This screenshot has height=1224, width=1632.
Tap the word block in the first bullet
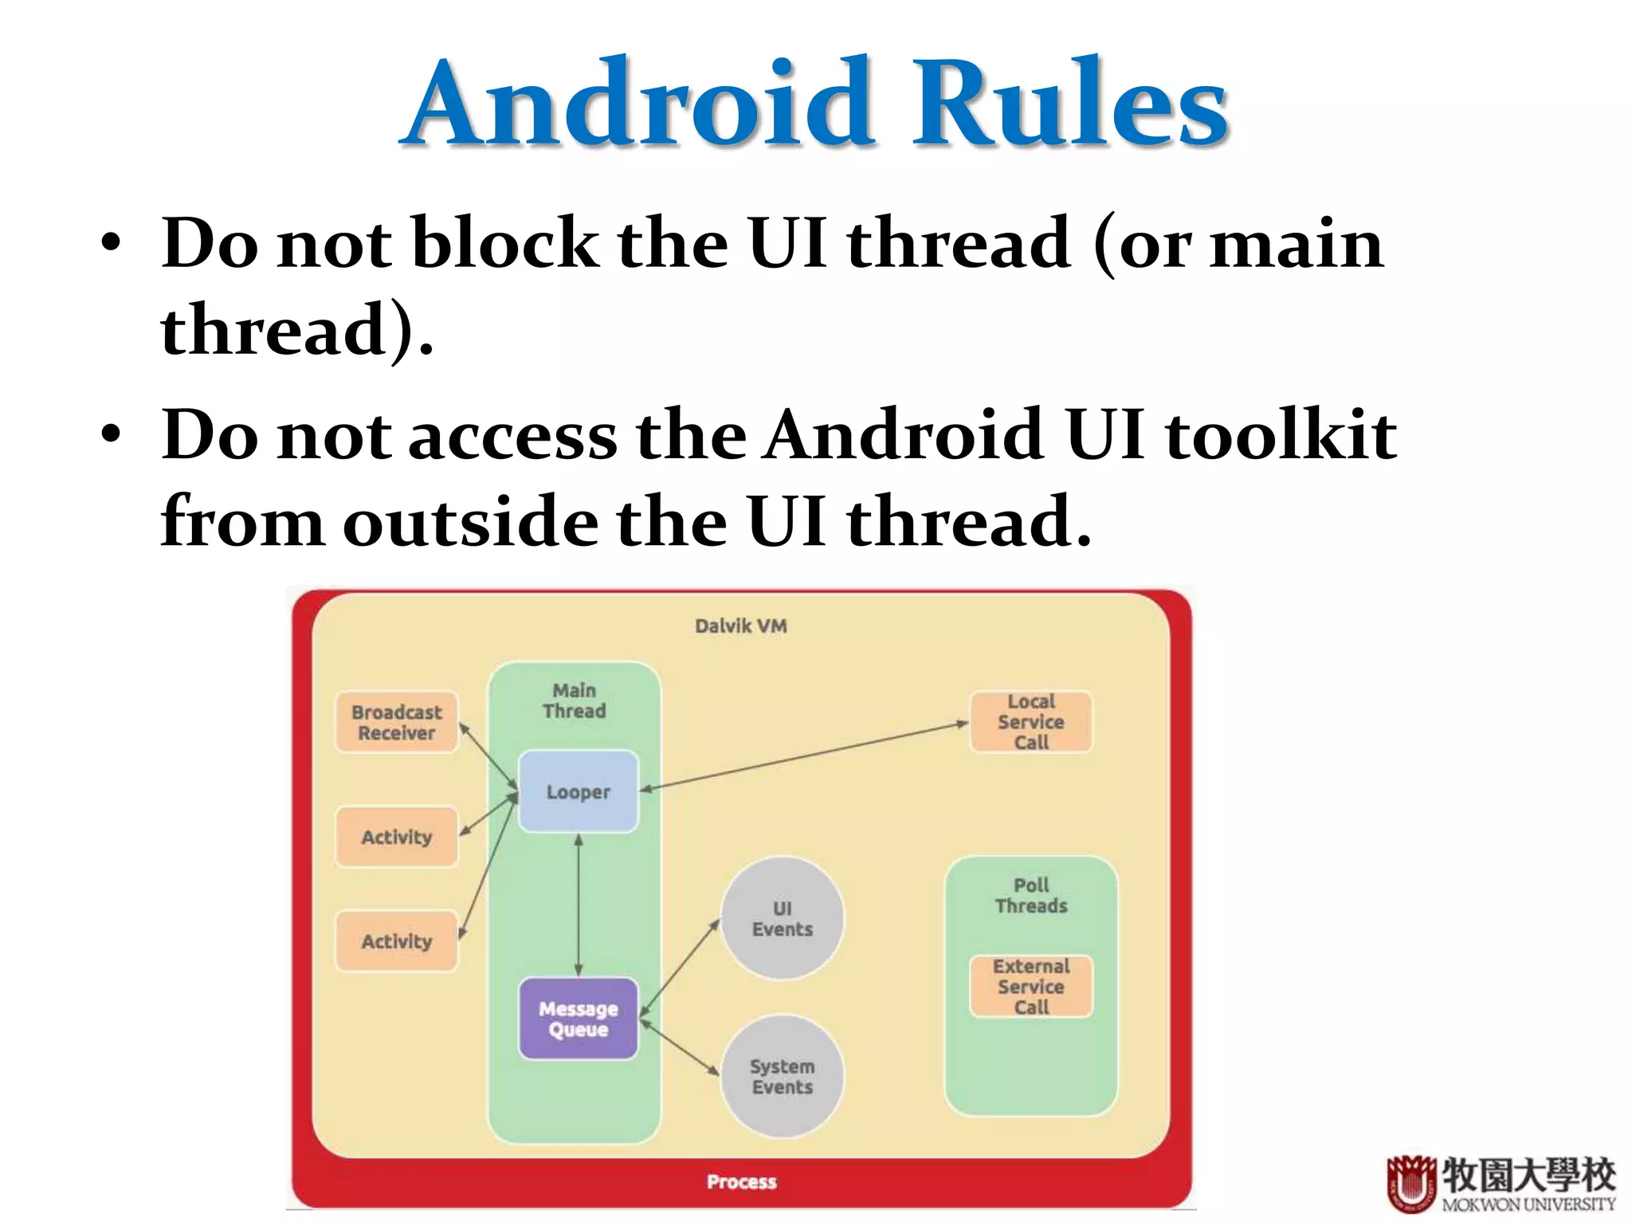click(505, 244)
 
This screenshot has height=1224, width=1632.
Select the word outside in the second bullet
click(470, 523)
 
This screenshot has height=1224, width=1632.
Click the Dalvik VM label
click(740, 626)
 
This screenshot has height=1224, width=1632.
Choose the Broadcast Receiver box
click(396, 723)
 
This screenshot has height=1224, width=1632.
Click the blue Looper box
click(579, 792)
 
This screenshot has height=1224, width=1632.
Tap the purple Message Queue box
click(579, 1019)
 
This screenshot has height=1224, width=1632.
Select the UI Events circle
click(782, 919)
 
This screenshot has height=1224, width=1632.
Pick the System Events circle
click(782, 1077)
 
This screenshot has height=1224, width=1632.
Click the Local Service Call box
click(1030, 722)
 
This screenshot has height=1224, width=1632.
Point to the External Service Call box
click(1030, 987)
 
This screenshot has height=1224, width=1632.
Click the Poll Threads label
click(1030, 896)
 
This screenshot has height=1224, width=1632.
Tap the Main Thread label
click(574, 700)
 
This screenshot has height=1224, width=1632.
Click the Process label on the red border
click(741, 1182)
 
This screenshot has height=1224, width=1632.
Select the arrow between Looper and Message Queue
click(579, 905)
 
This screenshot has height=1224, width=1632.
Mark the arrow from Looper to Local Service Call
click(805, 756)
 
